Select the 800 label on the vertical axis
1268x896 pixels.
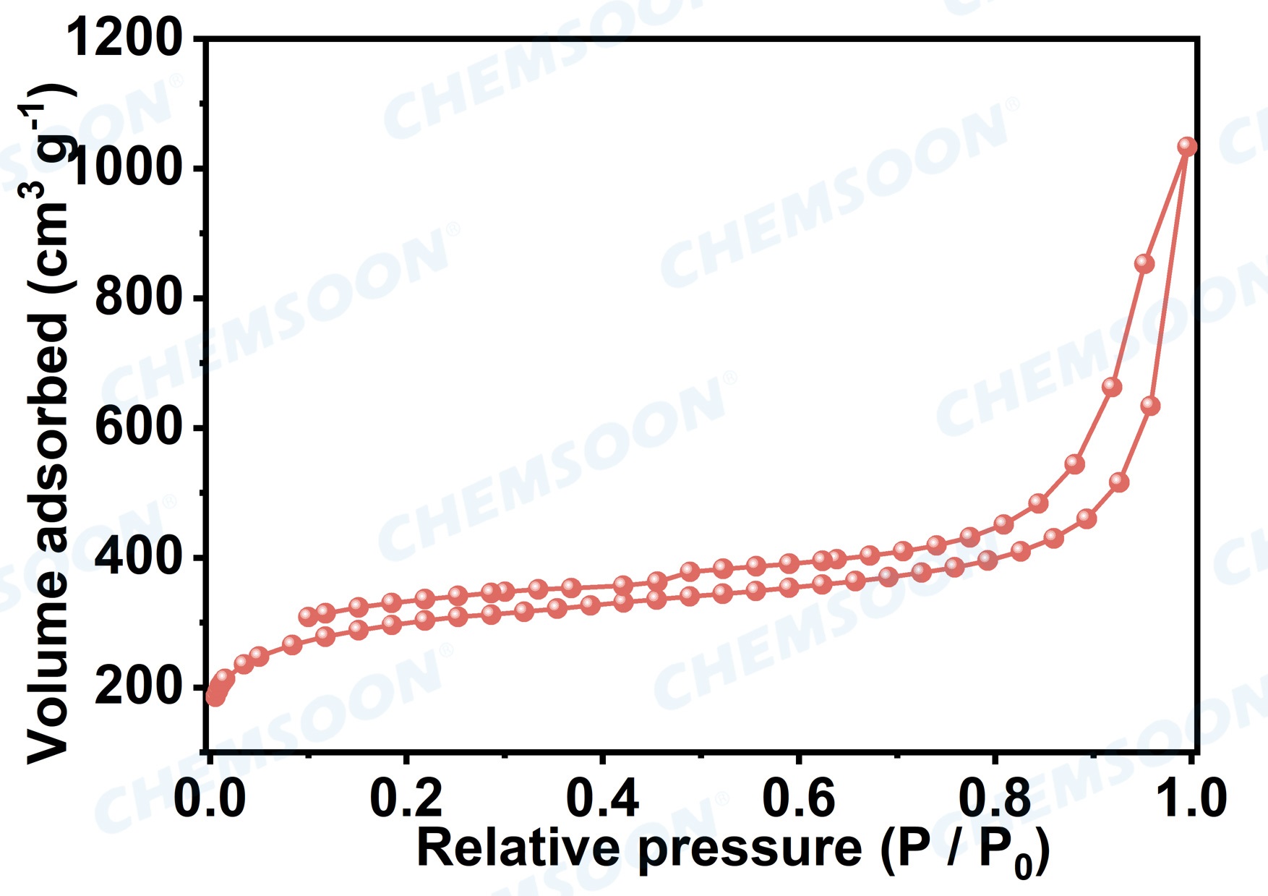click(137, 297)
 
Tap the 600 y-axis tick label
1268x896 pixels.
click(137, 427)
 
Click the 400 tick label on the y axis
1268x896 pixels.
click(137, 558)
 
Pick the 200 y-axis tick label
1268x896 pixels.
click(137, 687)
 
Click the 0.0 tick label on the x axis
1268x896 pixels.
click(210, 799)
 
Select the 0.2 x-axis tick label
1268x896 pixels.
click(406, 799)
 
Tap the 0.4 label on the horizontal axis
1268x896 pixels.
click(602, 799)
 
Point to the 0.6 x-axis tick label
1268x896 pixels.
click(798, 799)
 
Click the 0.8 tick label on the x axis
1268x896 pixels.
click(995, 799)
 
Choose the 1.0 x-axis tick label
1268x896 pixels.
click(1190, 799)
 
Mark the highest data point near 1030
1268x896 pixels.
click(1187, 147)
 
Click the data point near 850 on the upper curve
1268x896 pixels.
click(1144, 263)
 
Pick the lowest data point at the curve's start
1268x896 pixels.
click(214, 697)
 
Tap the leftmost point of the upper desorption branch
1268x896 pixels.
click(309, 616)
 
